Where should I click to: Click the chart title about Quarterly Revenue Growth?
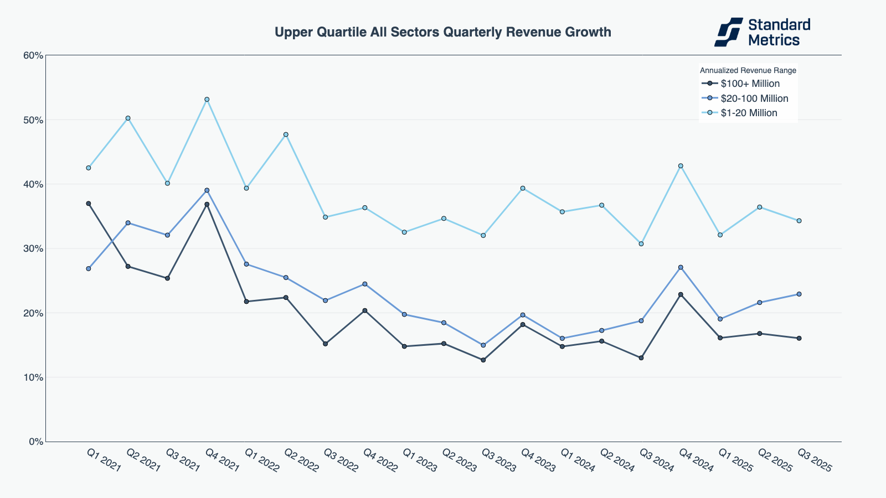coord(442,32)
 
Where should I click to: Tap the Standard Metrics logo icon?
coord(728,32)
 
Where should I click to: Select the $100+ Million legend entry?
coord(750,84)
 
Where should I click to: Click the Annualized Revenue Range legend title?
coord(748,70)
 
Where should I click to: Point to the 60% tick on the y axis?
coord(33,55)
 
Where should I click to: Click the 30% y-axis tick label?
coord(33,248)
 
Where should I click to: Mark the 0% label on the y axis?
coord(35,442)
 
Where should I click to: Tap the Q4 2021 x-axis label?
coord(222,460)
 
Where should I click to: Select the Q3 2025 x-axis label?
coord(814,460)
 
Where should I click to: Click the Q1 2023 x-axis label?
coord(419,460)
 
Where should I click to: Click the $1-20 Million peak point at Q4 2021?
coord(207,100)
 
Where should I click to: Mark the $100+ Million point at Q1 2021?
coord(89,204)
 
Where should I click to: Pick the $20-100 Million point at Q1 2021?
coord(89,269)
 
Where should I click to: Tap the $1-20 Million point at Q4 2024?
coord(681,166)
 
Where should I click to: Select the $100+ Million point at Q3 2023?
coord(483,360)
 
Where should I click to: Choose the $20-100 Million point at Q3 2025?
coord(799,294)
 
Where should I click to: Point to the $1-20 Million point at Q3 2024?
coord(641,244)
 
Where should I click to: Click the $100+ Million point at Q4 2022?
coord(365,310)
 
